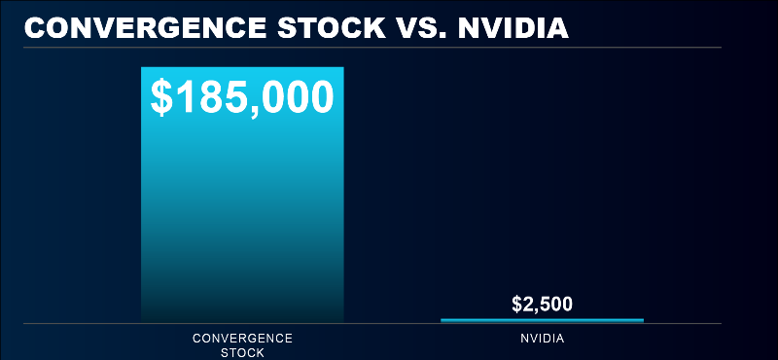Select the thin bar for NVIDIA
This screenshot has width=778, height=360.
click(x=542, y=319)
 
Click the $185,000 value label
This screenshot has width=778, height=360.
click(x=242, y=96)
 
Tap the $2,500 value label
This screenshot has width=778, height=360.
click(x=542, y=304)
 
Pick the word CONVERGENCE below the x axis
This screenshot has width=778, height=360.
click(x=242, y=339)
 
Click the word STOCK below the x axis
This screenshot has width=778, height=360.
click(x=242, y=352)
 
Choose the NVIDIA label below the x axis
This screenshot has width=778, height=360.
click(x=542, y=339)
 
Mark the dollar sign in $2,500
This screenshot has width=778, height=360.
click(x=516, y=304)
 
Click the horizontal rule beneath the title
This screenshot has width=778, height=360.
click(x=389, y=47)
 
